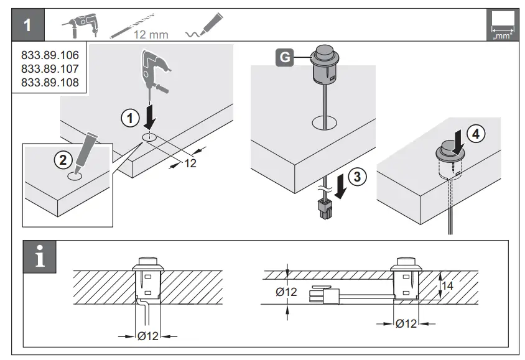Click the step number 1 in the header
tap(27, 26)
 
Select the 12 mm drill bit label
tap(151, 34)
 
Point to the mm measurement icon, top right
tap(503, 26)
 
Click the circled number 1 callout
tap(129, 117)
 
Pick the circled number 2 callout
tap(62, 159)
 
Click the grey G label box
tap(284, 58)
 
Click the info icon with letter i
tap(39, 256)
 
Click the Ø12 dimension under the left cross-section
tap(147, 336)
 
